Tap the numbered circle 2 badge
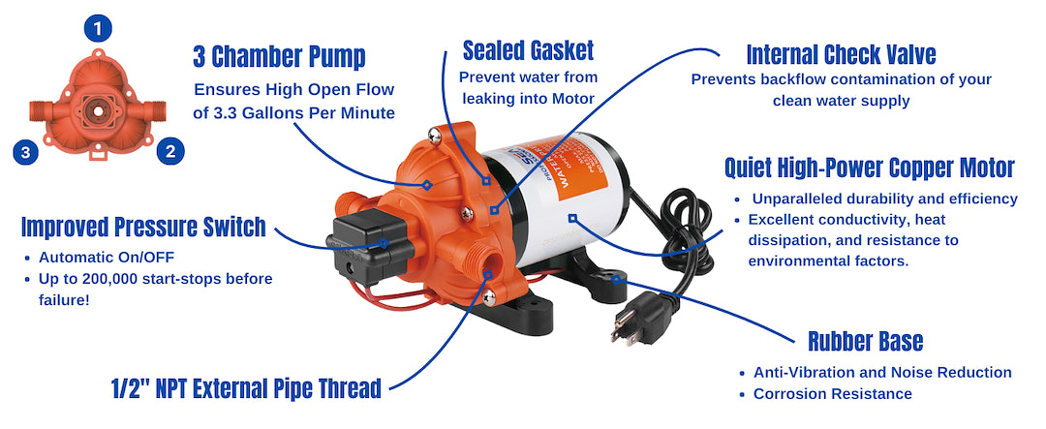click(x=170, y=151)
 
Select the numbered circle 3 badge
click(x=26, y=151)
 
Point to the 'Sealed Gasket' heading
click(x=528, y=49)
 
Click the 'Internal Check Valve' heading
click(x=841, y=52)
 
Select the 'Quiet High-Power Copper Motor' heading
click(x=869, y=169)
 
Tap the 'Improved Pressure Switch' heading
click(x=143, y=228)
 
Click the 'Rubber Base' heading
click(x=865, y=341)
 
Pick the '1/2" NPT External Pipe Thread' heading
click(x=246, y=389)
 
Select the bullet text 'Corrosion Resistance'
click(x=832, y=393)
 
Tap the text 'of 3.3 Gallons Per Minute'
click(x=293, y=112)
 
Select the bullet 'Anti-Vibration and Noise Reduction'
click(x=882, y=372)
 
